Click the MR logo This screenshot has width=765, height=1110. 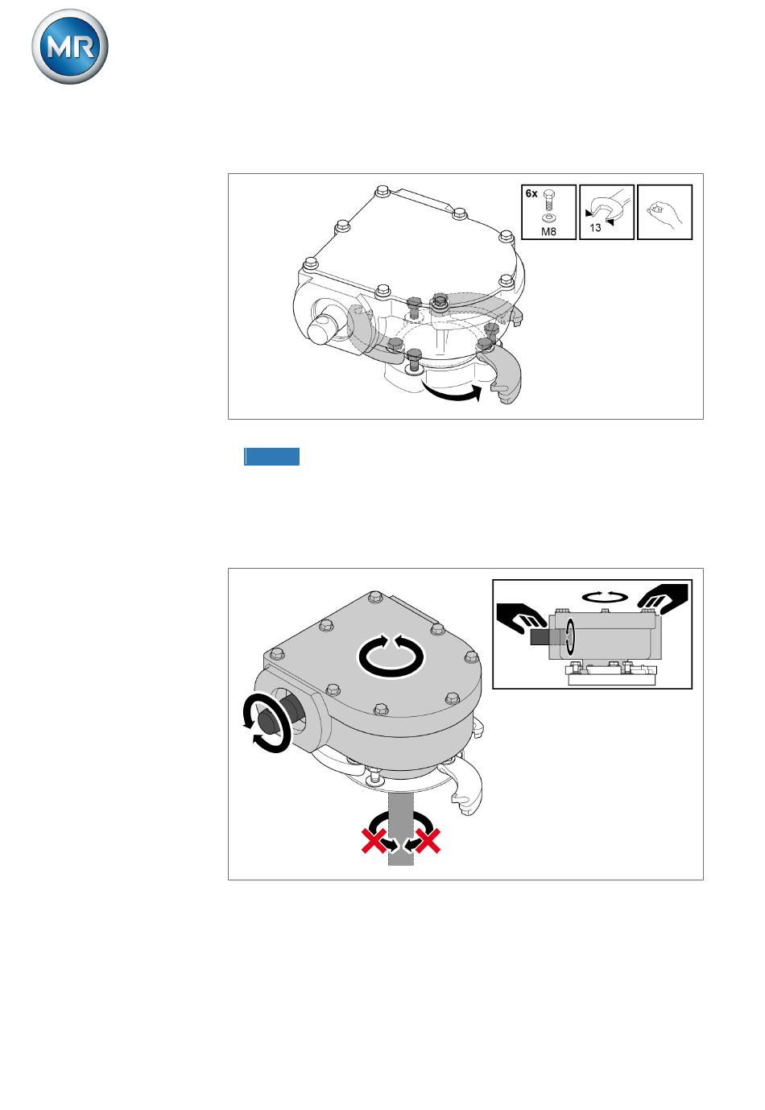tap(70, 47)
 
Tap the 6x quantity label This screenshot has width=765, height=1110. tap(531, 194)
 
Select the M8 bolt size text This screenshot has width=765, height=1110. tap(548, 231)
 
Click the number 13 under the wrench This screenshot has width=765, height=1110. tap(595, 227)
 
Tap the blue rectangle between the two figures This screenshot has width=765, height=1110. tap(271, 457)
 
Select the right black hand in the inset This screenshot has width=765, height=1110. tap(663, 598)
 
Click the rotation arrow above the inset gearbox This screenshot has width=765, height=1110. tap(605, 597)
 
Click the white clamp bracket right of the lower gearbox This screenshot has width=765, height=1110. tap(463, 787)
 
